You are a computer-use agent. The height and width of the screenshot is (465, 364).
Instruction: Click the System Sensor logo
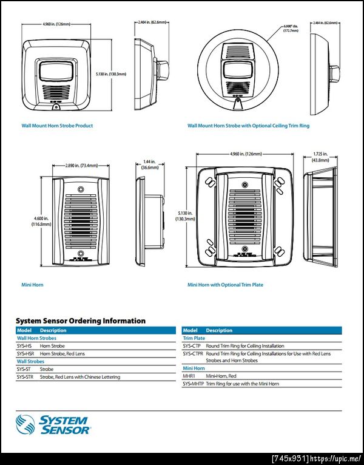[x=53, y=424]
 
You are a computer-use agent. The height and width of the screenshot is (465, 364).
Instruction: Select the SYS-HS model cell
[x=24, y=345]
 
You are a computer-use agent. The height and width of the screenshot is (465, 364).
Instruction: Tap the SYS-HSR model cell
[x=25, y=353]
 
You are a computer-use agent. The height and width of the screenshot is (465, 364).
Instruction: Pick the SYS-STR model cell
[x=25, y=377]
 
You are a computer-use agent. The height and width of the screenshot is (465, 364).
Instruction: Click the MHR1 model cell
[x=190, y=376]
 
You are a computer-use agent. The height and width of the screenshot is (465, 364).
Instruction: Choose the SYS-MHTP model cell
[x=194, y=384]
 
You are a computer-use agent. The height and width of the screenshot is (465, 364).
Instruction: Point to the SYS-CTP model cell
[x=193, y=345]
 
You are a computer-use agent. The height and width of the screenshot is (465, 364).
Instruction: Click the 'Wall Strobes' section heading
[x=30, y=361]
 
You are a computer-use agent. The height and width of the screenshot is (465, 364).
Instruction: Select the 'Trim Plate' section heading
[x=194, y=338]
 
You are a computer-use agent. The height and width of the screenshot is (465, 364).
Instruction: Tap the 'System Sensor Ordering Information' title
[x=81, y=321]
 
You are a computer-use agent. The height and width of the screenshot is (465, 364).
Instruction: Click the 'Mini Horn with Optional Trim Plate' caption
[x=225, y=284]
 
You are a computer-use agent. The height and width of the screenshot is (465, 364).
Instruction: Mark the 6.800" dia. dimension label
[x=291, y=28]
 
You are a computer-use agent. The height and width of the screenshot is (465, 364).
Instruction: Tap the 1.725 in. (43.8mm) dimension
[x=320, y=157]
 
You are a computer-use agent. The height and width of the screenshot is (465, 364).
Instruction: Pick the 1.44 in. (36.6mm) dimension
[x=148, y=166]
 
